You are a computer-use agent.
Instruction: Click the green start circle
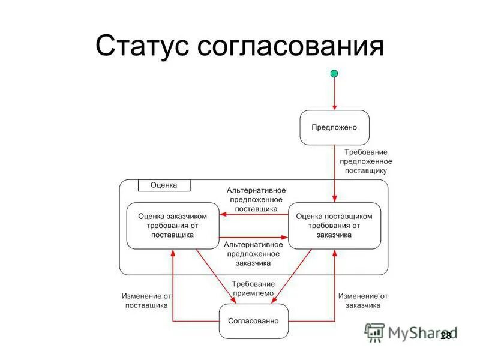click(x=334, y=74)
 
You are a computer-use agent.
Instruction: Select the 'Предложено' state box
click(x=334, y=127)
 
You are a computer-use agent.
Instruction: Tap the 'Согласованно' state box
click(x=253, y=321)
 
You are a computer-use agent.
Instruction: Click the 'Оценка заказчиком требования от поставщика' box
click(x=173, y=226)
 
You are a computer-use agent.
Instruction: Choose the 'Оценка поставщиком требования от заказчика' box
click(x=334, y=226)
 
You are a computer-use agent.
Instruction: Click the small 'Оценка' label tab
click(x=164, y=185)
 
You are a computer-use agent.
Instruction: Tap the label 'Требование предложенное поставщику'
click(x=365, y=161)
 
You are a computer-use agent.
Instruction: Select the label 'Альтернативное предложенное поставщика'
click(x=252, y=199)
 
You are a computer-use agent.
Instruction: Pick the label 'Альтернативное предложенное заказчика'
click(x=253, y=254)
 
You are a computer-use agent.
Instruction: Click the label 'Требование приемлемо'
click(x=253, y=289)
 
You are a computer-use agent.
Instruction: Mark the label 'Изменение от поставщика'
click(x=146, y=301)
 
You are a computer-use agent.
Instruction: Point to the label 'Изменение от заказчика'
click(x=363, y=301)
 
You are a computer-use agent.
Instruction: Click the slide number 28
click(x=445, y=336)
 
